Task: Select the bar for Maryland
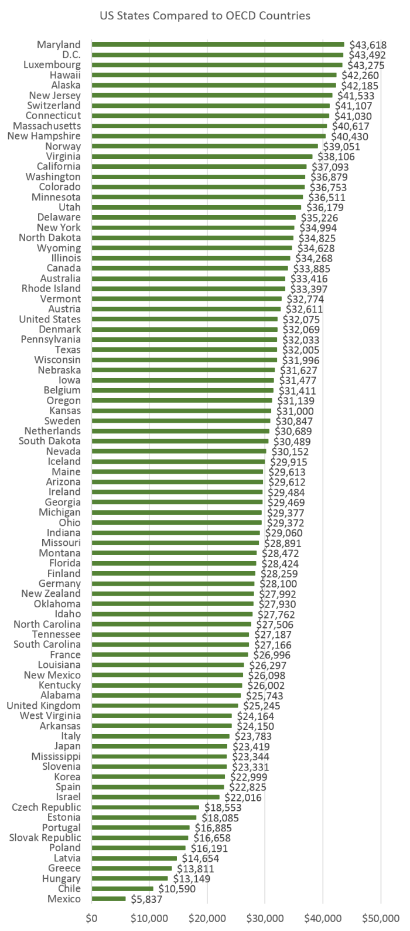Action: pos(217,45)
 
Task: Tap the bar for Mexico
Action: pos(108,899)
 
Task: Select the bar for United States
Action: pos(184,320)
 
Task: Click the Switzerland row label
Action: pos(54,106)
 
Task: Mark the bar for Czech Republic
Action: pos(145,807)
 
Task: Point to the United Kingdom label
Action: pos(43,706)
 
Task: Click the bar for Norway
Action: pos(204,147)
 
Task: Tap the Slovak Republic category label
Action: pos(45,838)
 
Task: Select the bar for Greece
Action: pos(131,868)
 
